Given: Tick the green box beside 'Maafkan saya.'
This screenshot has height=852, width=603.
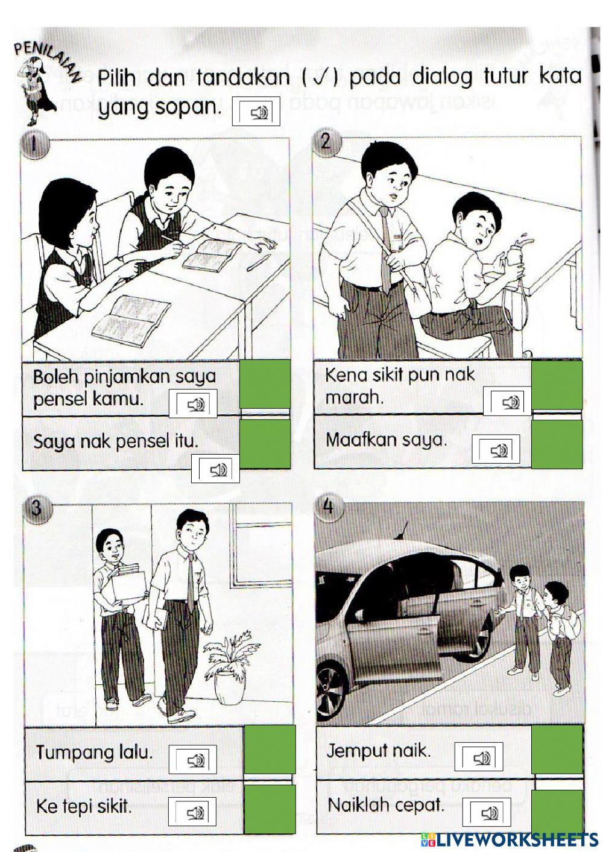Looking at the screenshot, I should click(557, 444).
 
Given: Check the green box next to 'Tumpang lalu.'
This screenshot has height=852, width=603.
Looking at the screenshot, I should click(270, 749).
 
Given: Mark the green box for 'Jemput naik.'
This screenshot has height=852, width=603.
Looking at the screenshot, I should click(557, 749).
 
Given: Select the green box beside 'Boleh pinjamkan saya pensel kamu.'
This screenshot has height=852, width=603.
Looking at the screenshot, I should click(265, 385).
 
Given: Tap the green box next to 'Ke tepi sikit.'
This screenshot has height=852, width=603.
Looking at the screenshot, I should click(270, 809).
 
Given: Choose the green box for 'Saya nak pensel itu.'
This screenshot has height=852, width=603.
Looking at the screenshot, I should click(265, 444).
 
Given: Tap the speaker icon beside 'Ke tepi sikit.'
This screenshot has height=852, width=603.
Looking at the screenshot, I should click(192, 812).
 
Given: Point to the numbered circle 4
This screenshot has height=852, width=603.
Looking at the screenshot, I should click(329, 506).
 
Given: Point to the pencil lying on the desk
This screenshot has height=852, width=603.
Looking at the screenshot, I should click(258, 263).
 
